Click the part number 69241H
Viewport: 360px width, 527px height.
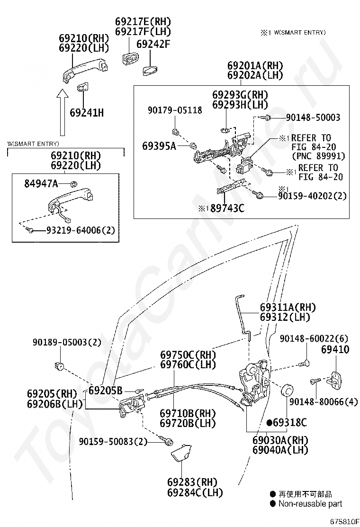click(x=87, y=113)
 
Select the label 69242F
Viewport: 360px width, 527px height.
click(x=153, y=45)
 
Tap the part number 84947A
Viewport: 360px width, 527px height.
click(x=41, y=183)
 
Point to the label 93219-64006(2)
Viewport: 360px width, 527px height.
click(x=80, y=230)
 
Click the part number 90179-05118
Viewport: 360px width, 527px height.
click(x=174, y=110)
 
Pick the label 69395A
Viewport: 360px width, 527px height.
click(x=159, y=146)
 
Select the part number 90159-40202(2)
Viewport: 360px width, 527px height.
click(x=312, y=195)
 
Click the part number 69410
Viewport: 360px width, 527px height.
click(x=335, y=350)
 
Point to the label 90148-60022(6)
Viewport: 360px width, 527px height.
click(x=314, y=338)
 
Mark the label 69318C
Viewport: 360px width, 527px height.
click(x=289, y=422)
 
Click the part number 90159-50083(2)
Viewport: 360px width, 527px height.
click(x=113, y=441)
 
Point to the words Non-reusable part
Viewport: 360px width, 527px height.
click(x=310, y=504)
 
